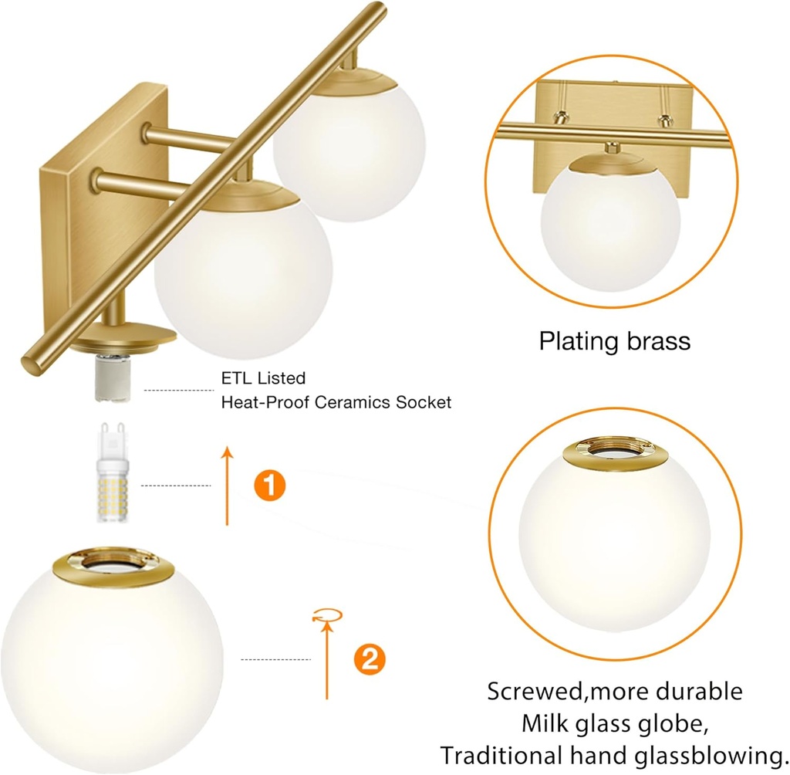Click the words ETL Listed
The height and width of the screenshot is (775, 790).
pos(263,378)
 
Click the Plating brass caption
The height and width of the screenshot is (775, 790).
pos(614,340)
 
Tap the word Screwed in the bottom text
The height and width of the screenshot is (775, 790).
pos(533,690)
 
